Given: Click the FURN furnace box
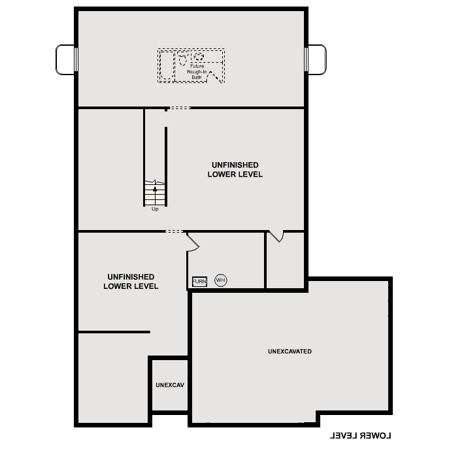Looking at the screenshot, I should [x=199, y=282].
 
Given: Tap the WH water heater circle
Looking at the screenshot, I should [x=220, y=280].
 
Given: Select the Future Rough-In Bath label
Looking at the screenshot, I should [x=197, y=72].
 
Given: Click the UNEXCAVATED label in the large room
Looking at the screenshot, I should [x=290, y=352].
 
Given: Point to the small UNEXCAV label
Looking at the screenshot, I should [x=170, y=386].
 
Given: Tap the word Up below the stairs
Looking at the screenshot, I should [x=155, y=209].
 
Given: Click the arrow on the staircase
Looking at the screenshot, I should [x=155, y=190].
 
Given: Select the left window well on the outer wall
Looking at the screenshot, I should [x=65, y=59].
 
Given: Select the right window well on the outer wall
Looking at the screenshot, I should [x=316, y=59].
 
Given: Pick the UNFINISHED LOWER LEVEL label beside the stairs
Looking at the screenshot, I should [x=235, y=170].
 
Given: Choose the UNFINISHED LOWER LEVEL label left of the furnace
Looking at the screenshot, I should [x=131, y=282].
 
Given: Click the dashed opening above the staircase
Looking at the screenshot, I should [x=179, y=108].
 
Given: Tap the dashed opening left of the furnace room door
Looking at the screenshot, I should [x=175, y=231].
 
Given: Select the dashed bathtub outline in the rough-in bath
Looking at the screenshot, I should [x=166, y=65].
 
